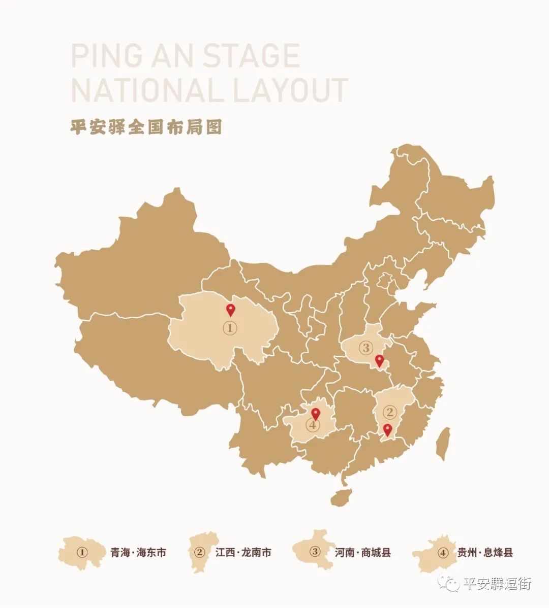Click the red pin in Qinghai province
click(230, 310)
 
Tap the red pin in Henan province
click(379, 361)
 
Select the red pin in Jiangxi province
click(388, 430)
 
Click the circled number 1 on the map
click(230, 328)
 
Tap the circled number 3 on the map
click(365, 348)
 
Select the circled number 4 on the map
click(313, 425)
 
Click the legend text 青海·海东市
click(138, 552)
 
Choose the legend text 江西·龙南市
click(243, 552)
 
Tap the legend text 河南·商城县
click(363, 552)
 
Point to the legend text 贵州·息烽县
click(485, 552)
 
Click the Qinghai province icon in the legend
click(81, 552)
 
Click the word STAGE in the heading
click(251, 56)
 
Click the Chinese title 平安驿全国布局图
click(146, 127)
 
